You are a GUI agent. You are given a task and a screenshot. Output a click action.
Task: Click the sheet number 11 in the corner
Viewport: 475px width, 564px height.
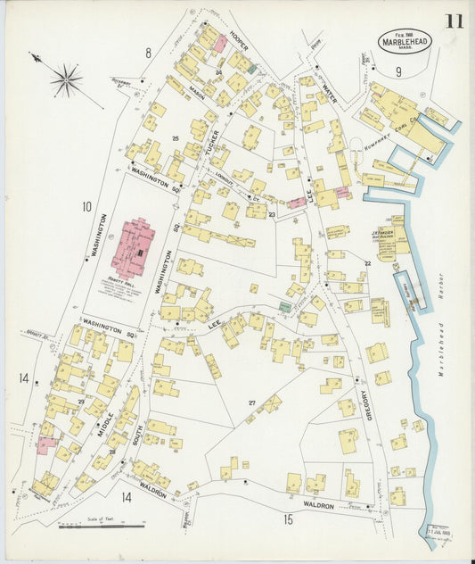click(x=454, y=21)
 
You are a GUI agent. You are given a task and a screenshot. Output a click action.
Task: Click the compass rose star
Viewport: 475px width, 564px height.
click(x=65, y=81)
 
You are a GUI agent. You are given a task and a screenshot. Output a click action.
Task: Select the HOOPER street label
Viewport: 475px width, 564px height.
click(x=238, y=39)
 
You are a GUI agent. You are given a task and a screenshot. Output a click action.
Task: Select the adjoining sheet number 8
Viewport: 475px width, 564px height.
click(x=149, y=53)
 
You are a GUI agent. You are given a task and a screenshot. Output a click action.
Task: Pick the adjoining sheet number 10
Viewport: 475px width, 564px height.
click(x=86, y=207)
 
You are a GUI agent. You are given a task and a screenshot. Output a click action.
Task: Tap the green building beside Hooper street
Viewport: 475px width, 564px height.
click(x=252, y=69)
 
